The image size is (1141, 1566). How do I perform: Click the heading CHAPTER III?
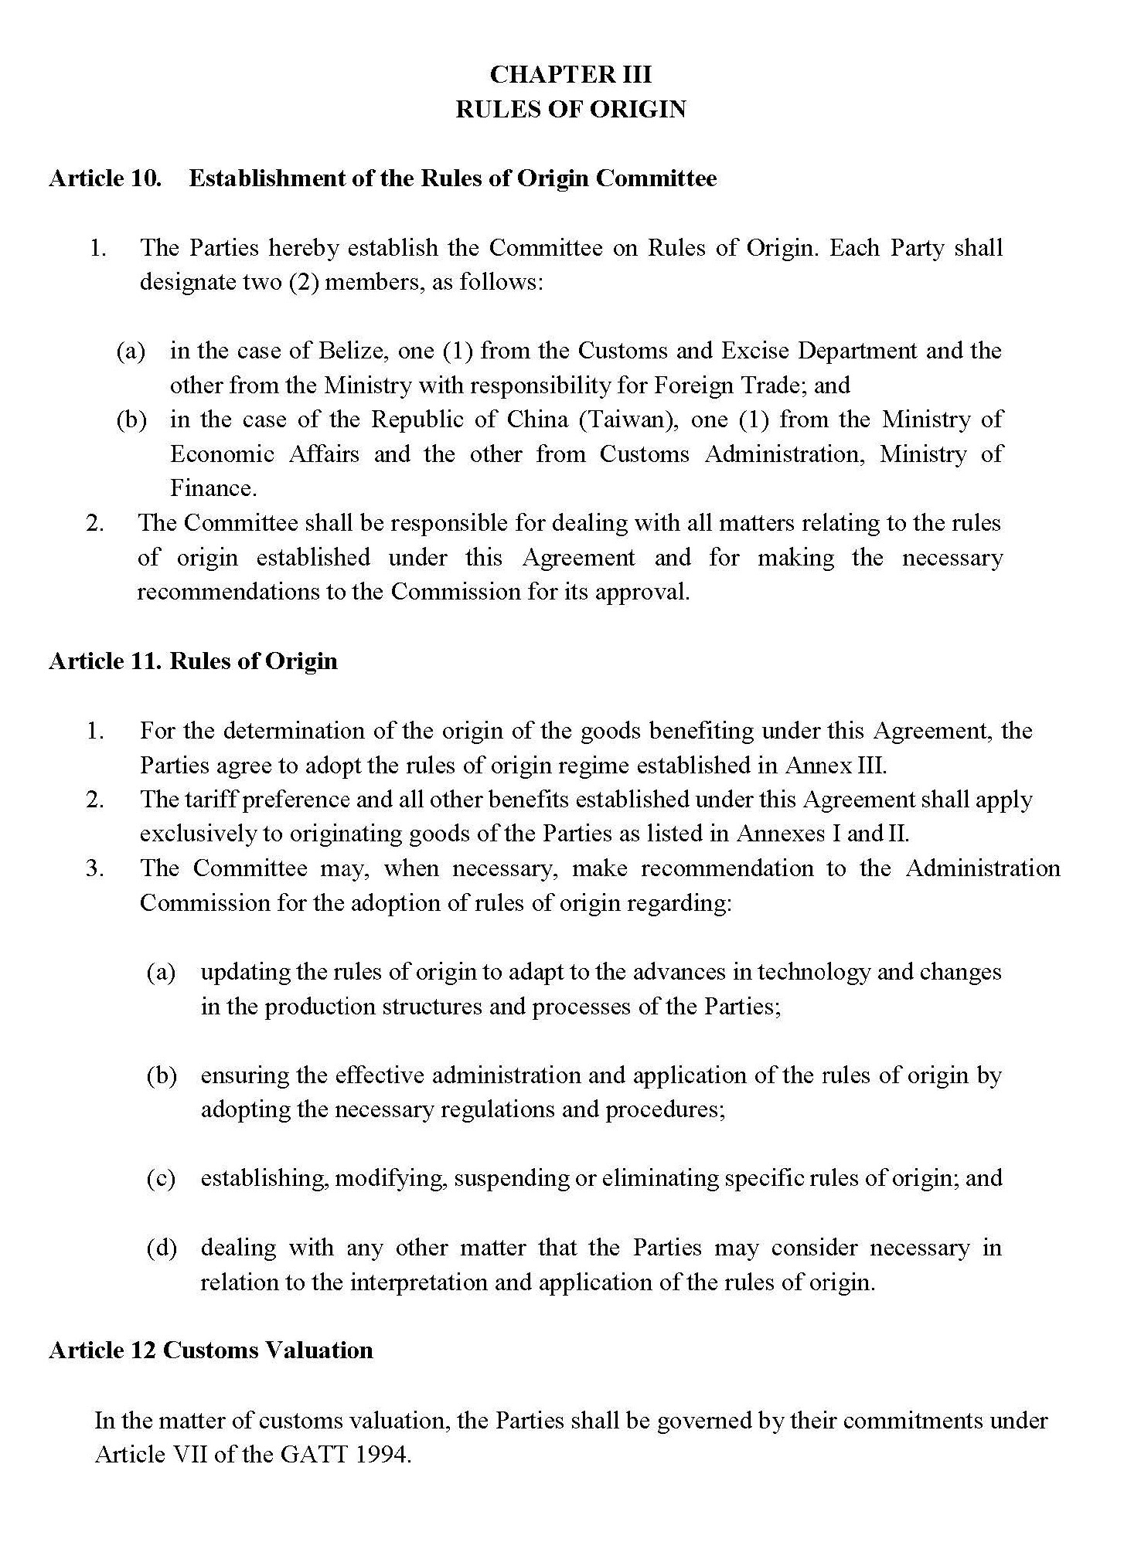570,74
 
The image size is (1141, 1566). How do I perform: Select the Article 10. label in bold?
105,178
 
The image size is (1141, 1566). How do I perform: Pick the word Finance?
213,488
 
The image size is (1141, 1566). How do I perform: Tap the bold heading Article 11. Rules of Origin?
193,661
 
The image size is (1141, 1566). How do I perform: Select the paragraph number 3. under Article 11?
95,868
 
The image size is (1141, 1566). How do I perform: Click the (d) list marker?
162,1248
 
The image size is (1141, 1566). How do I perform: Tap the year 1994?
383,1455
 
